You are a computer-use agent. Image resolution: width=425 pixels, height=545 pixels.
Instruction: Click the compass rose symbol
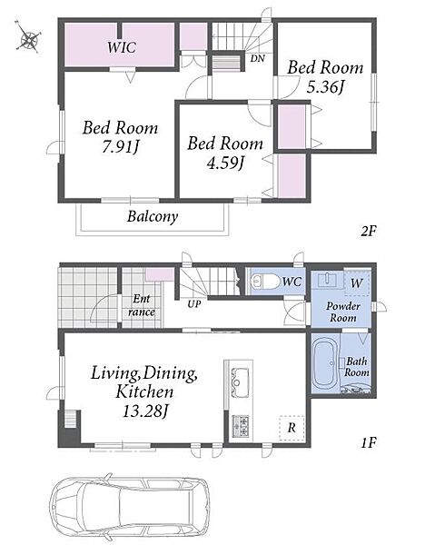pyautogui.click(x=28, y=37)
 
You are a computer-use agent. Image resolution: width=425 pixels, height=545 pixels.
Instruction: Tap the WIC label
pyautogui.click(x=122, y=47)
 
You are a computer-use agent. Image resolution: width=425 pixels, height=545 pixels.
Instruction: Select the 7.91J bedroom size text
pyautogui.click(x=120, y=147)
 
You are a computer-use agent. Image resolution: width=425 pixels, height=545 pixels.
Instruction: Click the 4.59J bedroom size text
pyautogui.click(x=225, y=163)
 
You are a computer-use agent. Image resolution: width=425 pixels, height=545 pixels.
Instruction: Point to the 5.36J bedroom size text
pyautogui.click(x=325, y=87)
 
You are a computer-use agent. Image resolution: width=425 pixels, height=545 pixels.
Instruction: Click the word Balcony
pyautogui.click(x=153, y=216)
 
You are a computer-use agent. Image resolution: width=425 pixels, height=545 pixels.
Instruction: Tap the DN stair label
pyautogui.click(x=258, y=58)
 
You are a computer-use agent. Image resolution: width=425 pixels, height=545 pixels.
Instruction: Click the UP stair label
pyautogui.click(x=194, y=304)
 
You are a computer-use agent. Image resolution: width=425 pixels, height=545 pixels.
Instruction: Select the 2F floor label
pyautogui.click(x=369, y=231)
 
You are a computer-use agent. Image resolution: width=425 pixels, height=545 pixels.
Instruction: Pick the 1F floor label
pyautogui.click(x=369, y=443)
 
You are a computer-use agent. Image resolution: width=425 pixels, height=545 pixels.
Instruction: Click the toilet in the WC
pyautogui.click(x=265, y=282)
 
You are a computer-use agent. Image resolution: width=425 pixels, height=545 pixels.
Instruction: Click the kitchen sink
pyautogui.click(x=240, y=382)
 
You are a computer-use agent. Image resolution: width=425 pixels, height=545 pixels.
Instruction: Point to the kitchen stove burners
pyautogui.click(x=241, y=426)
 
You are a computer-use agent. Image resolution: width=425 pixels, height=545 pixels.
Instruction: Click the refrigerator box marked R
pyautogui.click(x=292, y=428)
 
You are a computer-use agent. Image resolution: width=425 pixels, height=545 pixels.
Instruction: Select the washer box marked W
pyautogui.click(x=357, y=282)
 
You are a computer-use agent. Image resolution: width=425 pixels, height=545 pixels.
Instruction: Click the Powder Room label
pyautogui.click(x=343, y=312)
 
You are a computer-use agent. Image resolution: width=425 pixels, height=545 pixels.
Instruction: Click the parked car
pyautogui.click(x=130, y=509)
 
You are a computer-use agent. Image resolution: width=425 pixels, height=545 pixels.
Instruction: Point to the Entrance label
pyautogui.click(x=141, y=305)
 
